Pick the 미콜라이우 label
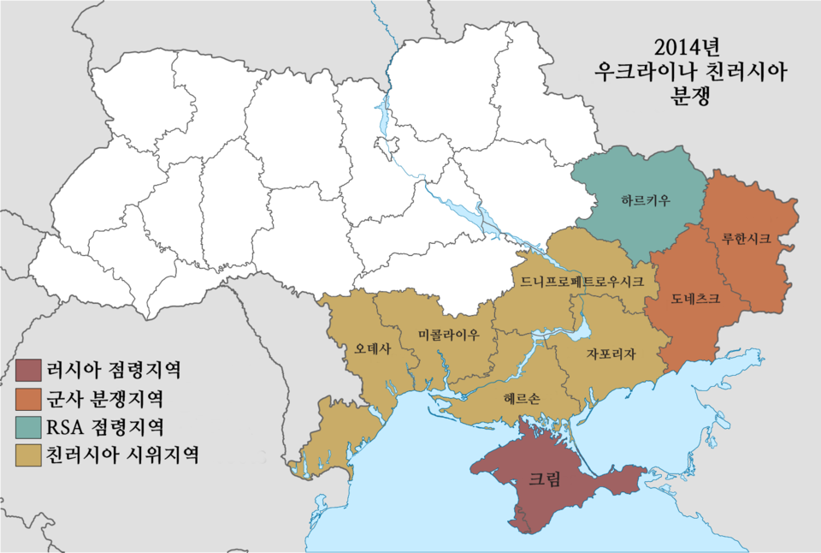pos(449,335)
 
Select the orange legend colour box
pos(27,398)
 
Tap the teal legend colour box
pos(27,425)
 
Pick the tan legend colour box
pos(27,454)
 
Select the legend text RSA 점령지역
pos(105,425)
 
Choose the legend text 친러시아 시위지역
pos(122,454)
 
